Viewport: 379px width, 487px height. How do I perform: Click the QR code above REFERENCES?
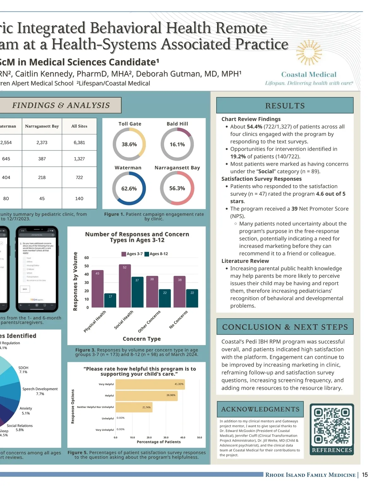[x=332, y=425]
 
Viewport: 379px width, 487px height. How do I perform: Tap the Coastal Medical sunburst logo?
[x=309, y=53]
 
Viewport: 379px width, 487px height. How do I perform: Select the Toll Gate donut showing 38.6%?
[x=129, y=144]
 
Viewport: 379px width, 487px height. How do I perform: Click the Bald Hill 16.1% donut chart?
[x=177, y=144]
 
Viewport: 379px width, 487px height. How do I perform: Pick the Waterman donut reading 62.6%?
[x=129, y=188]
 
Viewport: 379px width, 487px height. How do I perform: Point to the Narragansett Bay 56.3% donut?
[x=177, y=188]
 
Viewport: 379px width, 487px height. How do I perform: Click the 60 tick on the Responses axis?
[x=87, y=258]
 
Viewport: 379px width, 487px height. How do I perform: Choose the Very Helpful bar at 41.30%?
[x=150, y=384]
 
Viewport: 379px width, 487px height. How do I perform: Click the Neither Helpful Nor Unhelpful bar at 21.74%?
[x=134, y=407]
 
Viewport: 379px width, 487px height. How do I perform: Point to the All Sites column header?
[x=79, y=126]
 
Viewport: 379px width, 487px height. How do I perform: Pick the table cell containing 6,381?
[x=79, y=143]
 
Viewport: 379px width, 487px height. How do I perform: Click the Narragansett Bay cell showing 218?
[x=42, y=177]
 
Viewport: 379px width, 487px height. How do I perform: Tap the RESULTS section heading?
[x=285, y=106]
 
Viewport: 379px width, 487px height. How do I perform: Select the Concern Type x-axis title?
[x=141, y=339]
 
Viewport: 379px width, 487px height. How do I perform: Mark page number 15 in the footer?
[x=365, y=475]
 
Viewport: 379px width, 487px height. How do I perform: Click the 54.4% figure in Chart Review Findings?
[x=254, y=126]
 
